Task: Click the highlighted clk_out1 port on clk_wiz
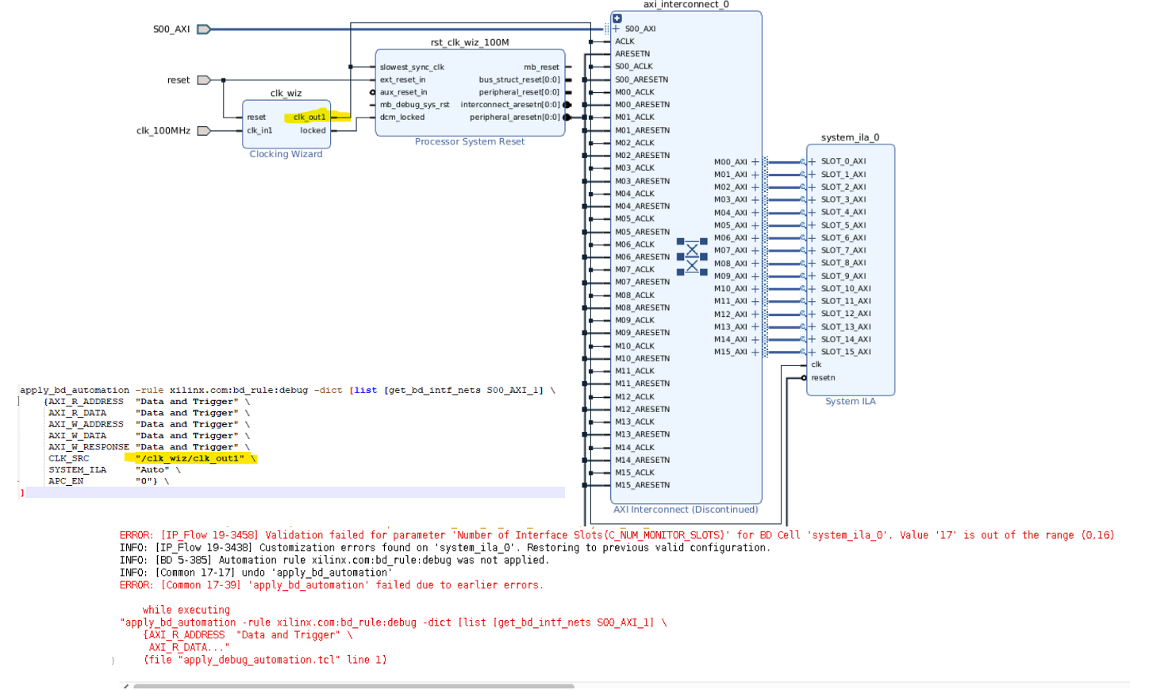tap(309, 117)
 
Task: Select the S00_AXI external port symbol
tap(203, 29)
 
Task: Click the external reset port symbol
tap(203, 80)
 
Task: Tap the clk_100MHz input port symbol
tap(203, 131)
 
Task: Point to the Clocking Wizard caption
tap(286, 154)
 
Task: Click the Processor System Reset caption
tap(469, 141)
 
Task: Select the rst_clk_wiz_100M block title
tap(470, 42)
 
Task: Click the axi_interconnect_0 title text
tap(686, 5)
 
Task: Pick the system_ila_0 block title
tap(850, 137)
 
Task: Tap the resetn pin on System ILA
tap(823, 378)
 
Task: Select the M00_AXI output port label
tap(730, 162)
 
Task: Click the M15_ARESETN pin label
tap(642, 485)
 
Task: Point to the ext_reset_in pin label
tap(402, 79)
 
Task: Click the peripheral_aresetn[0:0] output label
tap(514, 117)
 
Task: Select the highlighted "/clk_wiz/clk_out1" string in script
tap(190, 458)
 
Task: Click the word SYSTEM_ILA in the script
tap(77, 470)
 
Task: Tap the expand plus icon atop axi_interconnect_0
tap(617, 18)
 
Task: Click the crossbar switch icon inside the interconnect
tap(692, 256)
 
